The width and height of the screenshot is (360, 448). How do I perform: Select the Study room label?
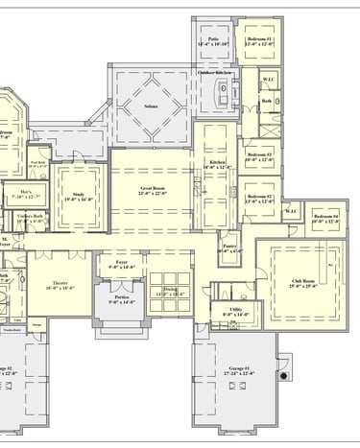79,197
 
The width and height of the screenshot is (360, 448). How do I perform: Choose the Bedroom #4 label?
325,218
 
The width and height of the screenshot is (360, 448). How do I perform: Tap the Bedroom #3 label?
259,155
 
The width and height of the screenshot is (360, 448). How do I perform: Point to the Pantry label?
230,248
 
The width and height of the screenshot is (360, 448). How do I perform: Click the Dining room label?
170,291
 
